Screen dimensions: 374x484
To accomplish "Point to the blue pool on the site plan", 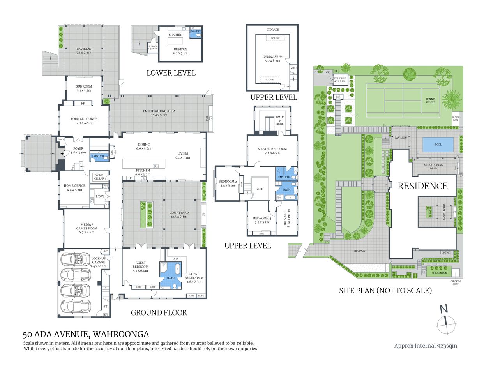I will coord(438,145).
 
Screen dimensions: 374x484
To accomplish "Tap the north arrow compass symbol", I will coord(445,321).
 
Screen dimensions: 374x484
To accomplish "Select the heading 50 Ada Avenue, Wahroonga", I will coord(86,334).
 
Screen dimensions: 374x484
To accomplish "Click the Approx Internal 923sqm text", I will coord(426,346).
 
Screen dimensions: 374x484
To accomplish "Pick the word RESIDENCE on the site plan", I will coord(422,186).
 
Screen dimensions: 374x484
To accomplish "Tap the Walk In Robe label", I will coord(280,120).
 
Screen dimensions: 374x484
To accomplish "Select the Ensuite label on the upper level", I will coord(284,177).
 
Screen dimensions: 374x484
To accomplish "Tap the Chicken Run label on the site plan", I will coord(439,273).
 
